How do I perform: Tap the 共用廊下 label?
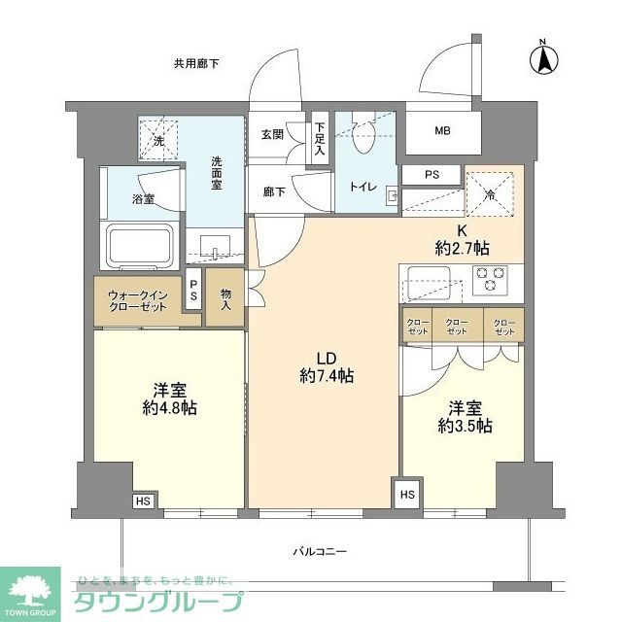[196, 64]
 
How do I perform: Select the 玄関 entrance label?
[273, 134]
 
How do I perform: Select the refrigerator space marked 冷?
[493, 191]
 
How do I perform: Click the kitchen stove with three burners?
[490, 278]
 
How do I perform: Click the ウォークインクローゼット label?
[138, 299]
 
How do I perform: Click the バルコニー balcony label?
[321, 551]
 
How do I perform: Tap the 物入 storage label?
[226, 298]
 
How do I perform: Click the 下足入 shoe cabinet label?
[320, 143]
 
